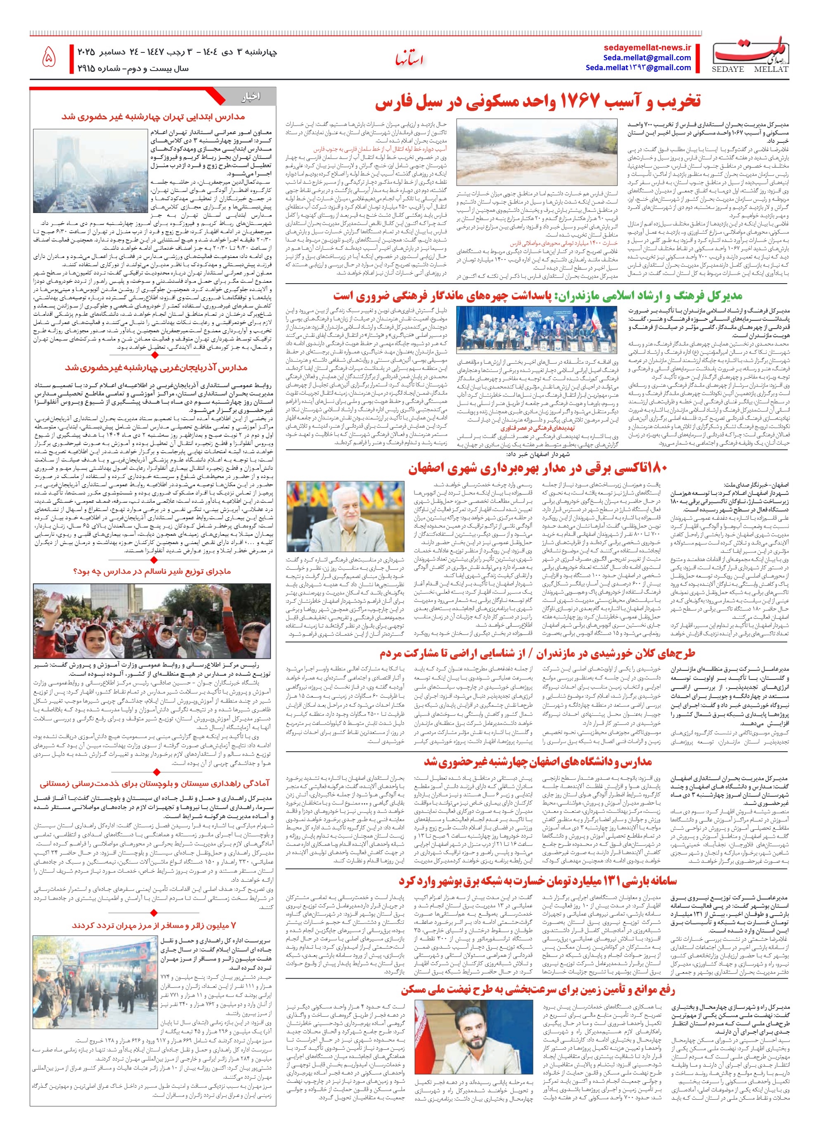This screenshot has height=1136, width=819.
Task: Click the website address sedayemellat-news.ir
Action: (648, 47)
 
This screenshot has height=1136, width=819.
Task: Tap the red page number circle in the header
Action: (49, 58)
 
